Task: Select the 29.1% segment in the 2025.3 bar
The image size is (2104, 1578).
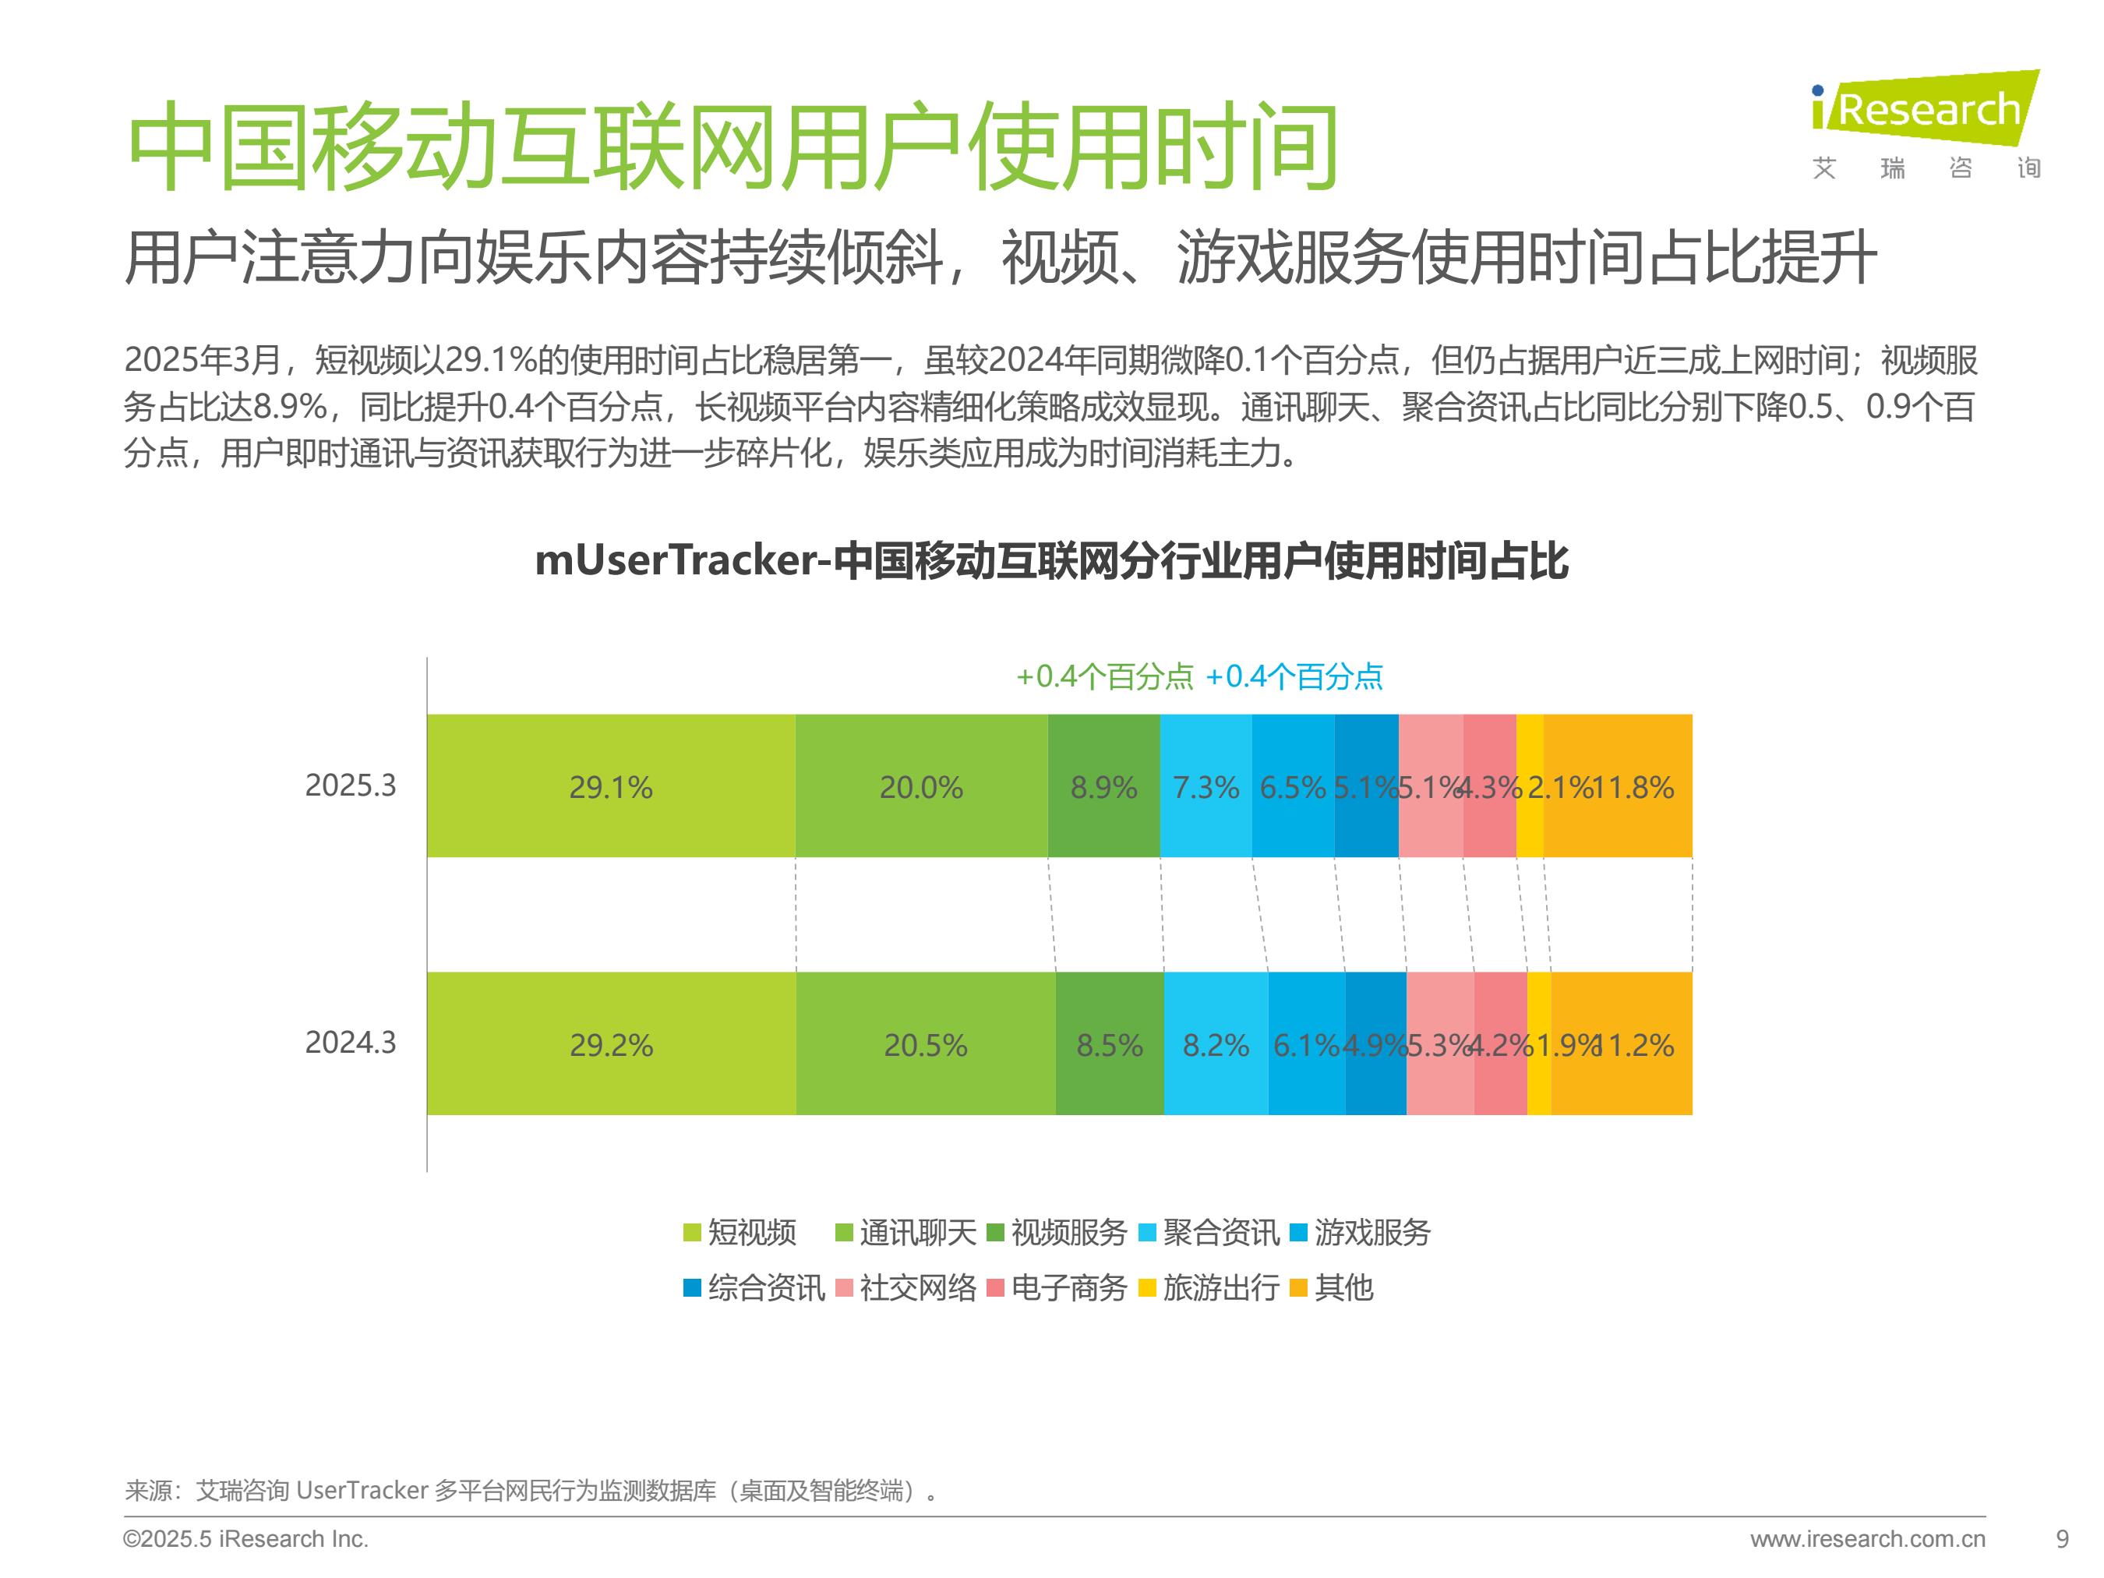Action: pos(611,786)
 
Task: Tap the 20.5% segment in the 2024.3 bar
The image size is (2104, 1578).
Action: pos(926,1044)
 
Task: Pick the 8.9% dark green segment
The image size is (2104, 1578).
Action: pos(1103,786)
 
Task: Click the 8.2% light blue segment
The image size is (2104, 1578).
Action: pos(1215,1044)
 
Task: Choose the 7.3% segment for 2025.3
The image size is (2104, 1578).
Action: pos(1206,786)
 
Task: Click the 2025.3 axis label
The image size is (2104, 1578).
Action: pos(350,785)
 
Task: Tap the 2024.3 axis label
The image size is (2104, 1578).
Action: pos(350,1043)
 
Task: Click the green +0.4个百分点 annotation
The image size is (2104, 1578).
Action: pos(1103,676)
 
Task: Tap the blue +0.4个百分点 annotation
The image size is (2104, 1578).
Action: pos(1294,676)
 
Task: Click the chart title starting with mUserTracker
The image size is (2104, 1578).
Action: pos(1051,561)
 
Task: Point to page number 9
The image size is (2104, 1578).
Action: pos(2062,1538)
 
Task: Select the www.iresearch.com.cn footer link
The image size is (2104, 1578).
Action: pos(1867,1538)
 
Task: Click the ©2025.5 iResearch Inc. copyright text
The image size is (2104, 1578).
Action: pos(245,1538)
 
